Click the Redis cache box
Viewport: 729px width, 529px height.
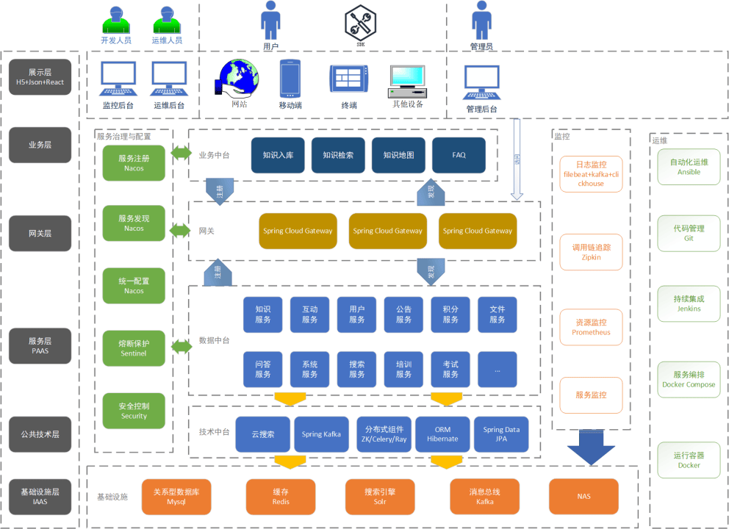point(280,497)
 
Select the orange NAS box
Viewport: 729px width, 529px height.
point(583,497)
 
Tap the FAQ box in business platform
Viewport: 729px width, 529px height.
point(459,155)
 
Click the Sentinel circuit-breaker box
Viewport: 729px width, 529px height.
point(134,348)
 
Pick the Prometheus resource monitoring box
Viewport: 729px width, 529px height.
point(591,328)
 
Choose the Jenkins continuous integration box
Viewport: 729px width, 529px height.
point(689,303)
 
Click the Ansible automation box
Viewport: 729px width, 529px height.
point(689,167)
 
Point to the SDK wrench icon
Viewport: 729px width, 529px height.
point(360,23)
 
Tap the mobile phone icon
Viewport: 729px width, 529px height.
point(290,79)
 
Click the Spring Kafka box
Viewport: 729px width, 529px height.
point(321,434)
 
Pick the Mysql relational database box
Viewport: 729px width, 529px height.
point(176,497)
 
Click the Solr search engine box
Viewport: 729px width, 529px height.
point(380,497)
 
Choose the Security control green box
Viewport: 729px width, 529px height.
point(134,411)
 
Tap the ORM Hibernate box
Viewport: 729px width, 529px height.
point(442,434)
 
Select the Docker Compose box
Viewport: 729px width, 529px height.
point(689,379)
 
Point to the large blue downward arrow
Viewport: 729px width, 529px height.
point(590,447)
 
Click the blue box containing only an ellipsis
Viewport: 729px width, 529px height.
point(498,370)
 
